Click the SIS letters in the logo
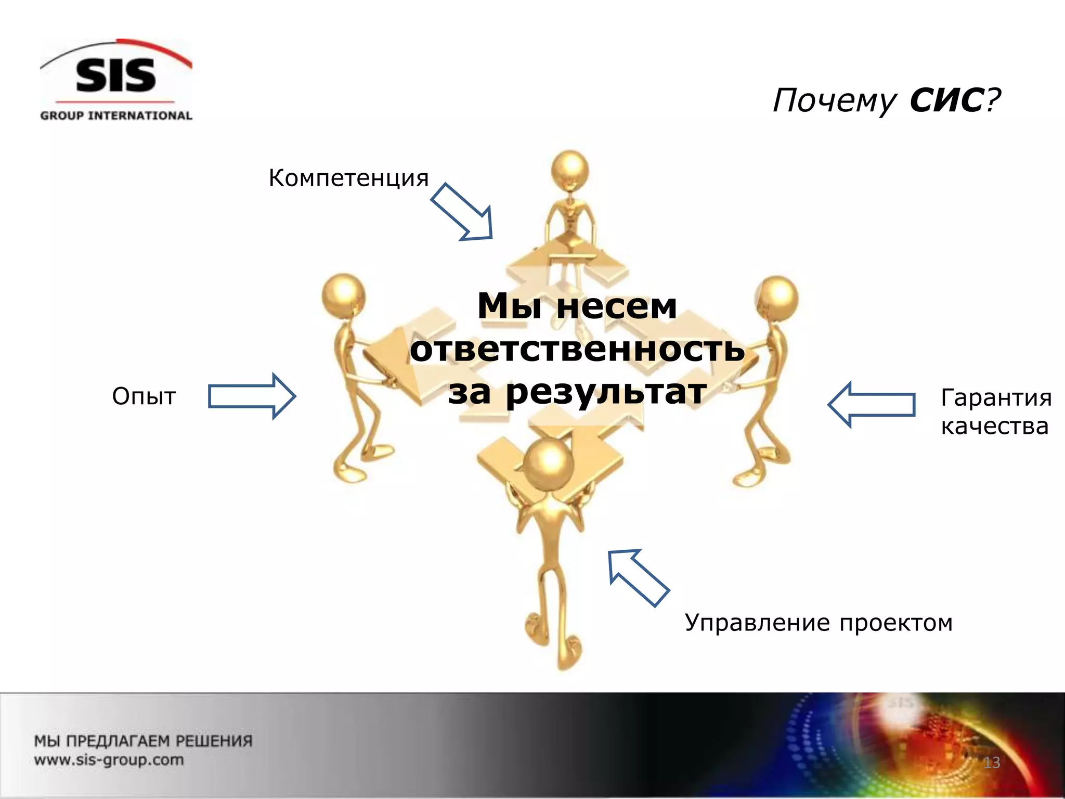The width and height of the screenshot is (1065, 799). pos(115,75)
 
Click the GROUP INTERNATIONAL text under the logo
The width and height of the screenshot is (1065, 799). pos(116,115)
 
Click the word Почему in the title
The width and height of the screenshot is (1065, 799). pos(834,101)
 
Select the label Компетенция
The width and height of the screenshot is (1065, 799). pos(348,178)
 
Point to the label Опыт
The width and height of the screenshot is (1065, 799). pos(144,397)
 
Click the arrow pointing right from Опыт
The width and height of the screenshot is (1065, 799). pos(252,396)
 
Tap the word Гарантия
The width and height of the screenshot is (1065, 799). pos(996,398)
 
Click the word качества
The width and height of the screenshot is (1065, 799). pos(994,427)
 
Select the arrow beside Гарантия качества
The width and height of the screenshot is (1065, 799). pos(872,405)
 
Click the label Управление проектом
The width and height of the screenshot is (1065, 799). pos(819,623)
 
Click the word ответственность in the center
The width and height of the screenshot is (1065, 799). pos(577,349)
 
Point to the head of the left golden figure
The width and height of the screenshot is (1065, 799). pos(343,296)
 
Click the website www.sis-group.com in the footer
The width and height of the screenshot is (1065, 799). pos(109,760)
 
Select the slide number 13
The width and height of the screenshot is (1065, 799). pos(992,763)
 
